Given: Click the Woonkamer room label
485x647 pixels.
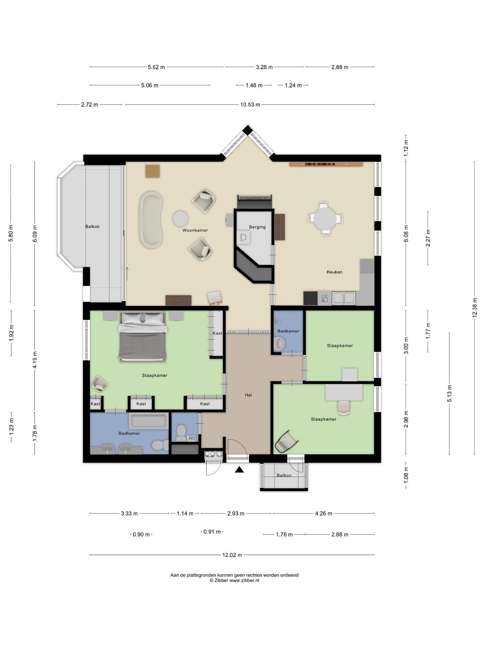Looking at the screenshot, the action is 195,230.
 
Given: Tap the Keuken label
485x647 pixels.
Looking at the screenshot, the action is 335,272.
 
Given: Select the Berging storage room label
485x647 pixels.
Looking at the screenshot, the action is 257,227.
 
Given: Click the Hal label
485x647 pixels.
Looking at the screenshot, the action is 248,395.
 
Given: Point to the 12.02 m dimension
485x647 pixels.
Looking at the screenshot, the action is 232,555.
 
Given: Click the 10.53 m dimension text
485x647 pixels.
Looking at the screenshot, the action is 250,105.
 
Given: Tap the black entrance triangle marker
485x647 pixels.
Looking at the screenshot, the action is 239,470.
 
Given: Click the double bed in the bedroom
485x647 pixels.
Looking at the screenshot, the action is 142,337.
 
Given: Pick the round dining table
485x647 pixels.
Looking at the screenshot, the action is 325,218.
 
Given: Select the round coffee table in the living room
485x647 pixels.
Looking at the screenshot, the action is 180,218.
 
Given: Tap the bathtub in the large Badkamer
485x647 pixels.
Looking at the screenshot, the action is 148,421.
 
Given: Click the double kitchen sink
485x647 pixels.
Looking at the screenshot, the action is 344,298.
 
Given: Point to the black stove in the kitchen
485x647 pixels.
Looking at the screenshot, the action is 311,298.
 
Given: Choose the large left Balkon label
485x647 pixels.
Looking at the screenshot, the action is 92,226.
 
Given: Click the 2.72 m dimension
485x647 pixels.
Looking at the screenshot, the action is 89,105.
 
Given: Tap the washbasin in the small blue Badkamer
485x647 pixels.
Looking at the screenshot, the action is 279,343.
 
